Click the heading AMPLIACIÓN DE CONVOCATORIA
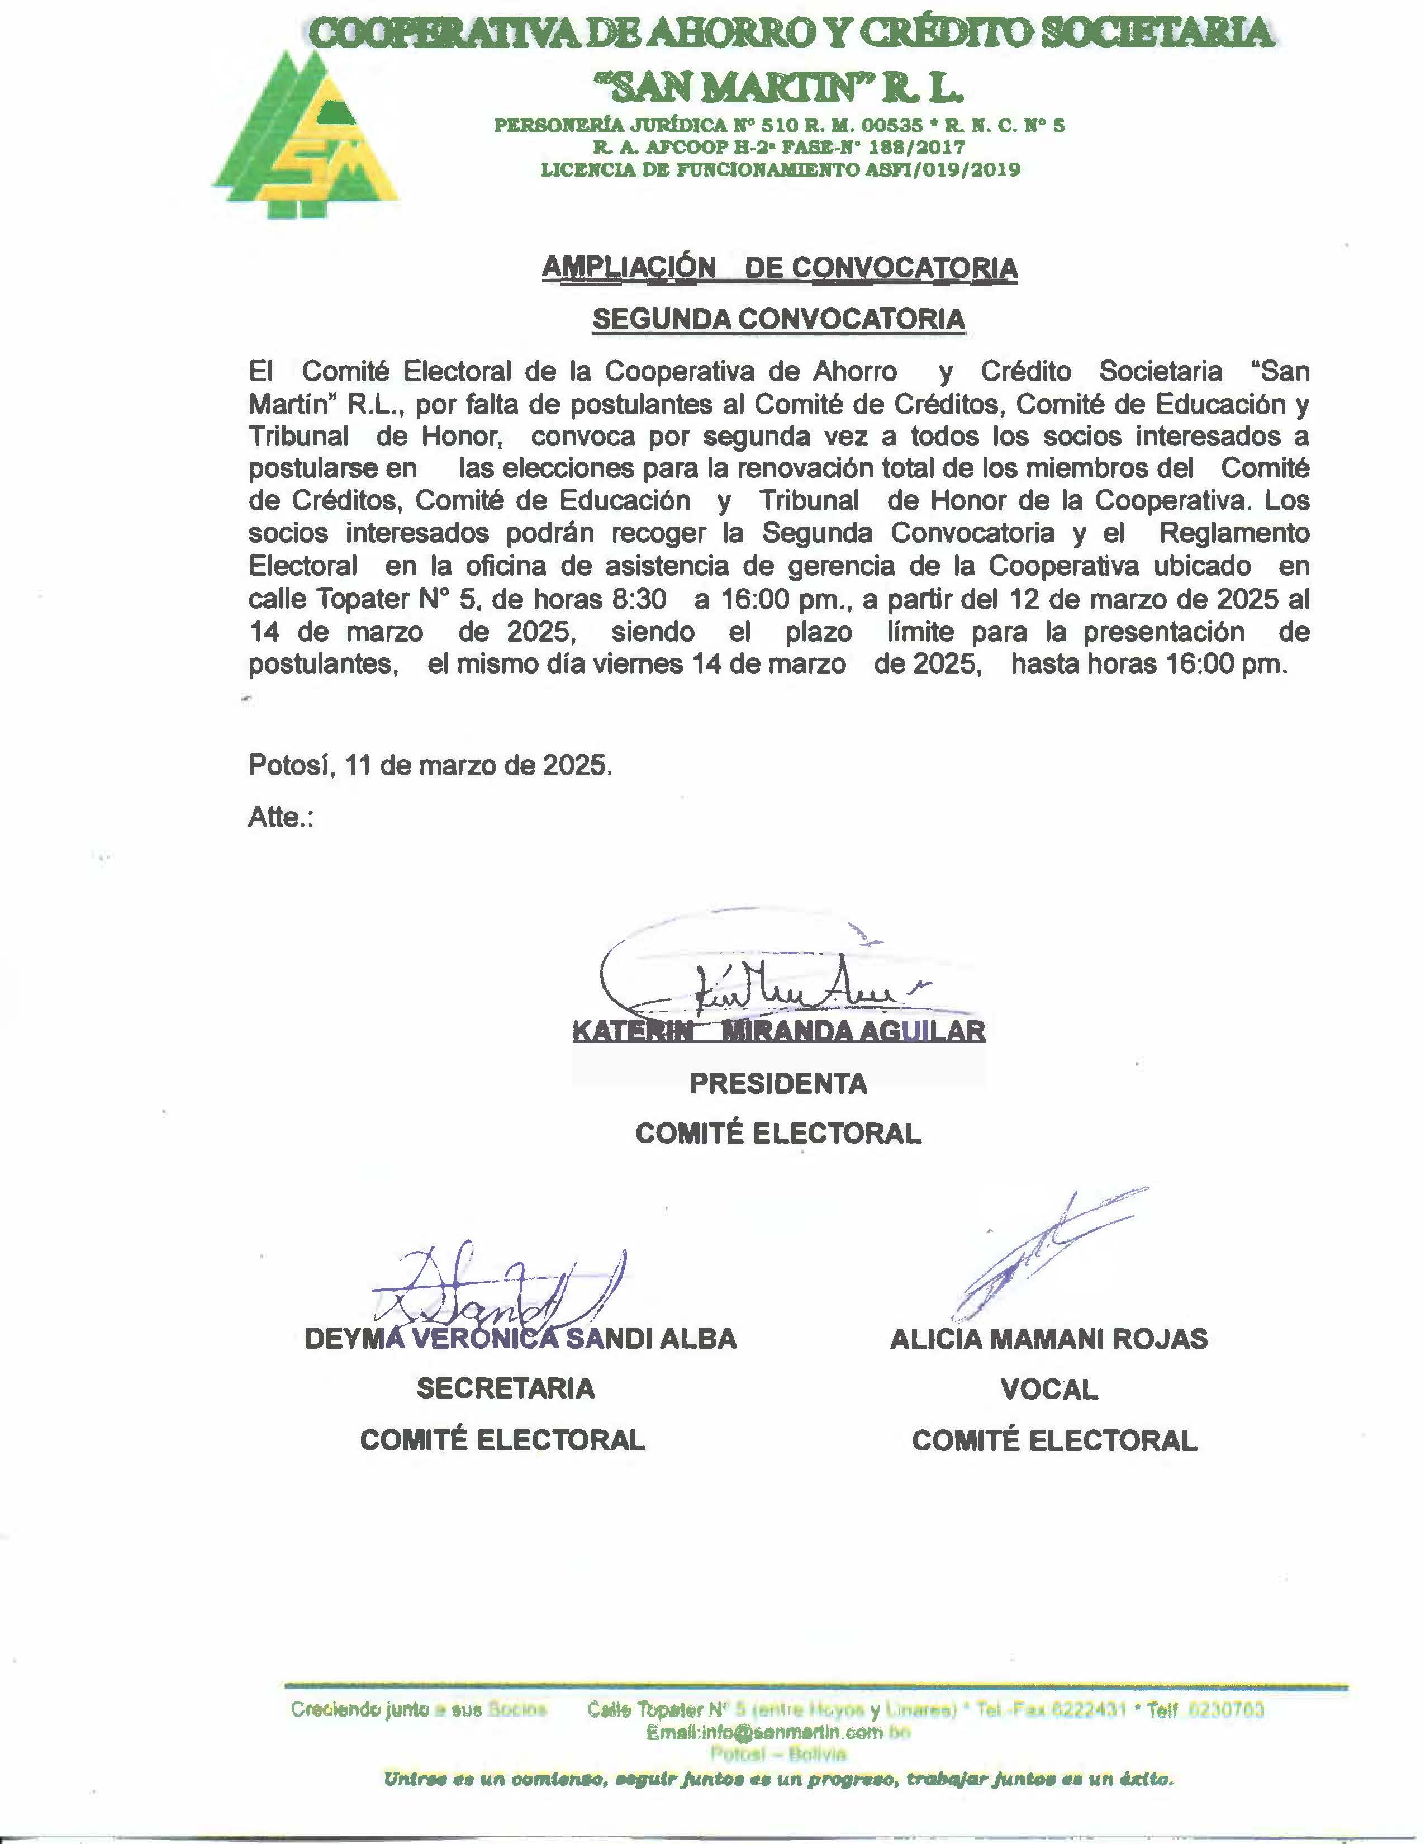pos(779,268)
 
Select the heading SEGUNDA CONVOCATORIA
pos(778,319)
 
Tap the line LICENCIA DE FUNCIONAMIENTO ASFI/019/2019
pos(780,170)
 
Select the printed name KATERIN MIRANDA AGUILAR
pos(778,1031)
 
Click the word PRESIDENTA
pos(778,1083)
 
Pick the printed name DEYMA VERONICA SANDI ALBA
pos(520,1338)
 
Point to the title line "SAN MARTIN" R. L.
pos(778,86)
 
